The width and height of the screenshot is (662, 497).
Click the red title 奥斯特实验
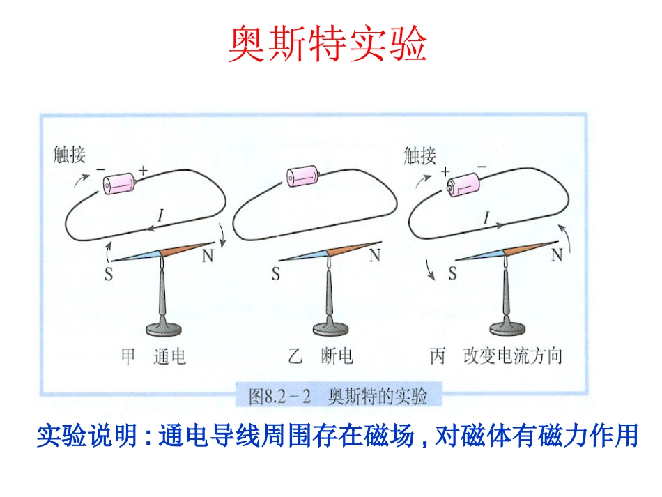tap(328, 44)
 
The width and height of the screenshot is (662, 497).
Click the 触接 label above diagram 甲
tap(69, 155)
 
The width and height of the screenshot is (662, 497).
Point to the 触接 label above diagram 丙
tap(419, 155)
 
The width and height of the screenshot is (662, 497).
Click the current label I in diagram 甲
tap(161, 217)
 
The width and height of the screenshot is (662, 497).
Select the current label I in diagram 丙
tap(486, 217)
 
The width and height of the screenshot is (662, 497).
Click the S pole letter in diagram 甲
tap(109, 275)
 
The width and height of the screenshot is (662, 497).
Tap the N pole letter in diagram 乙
tap(374, 256)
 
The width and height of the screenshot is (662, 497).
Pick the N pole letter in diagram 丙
tap(556, 256)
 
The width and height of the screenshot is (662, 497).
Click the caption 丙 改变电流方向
tap(495, 357)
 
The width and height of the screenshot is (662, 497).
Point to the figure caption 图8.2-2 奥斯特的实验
tap(337, 397)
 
